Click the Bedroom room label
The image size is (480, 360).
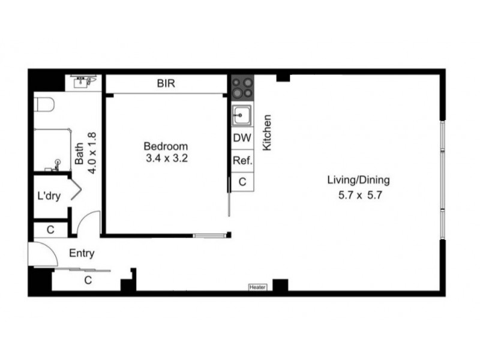pyautogui.click(x=165, y=146)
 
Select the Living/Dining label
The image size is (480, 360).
pyautogui.click(x=358, y=180)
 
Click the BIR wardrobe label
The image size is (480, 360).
pyautogui.click(x=166, y=84)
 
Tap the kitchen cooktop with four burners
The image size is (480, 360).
pyautogui.click(x=242, y=88)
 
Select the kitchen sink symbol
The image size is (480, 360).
pyautogui.click(x=242, y=113)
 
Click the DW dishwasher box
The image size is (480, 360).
pyautogui.click(x=242, y=137)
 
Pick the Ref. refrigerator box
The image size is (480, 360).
pyautogui.click(x=242, y=160)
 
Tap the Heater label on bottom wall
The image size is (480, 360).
pyautogui.click(x=257, y=287)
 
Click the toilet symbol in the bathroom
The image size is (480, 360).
pyautogui.click(x=44, y=106)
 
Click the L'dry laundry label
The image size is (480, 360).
pyautogui.click(x=49, y=196)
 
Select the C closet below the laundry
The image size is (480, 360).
pyautogui.click(x=50, y=229)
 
